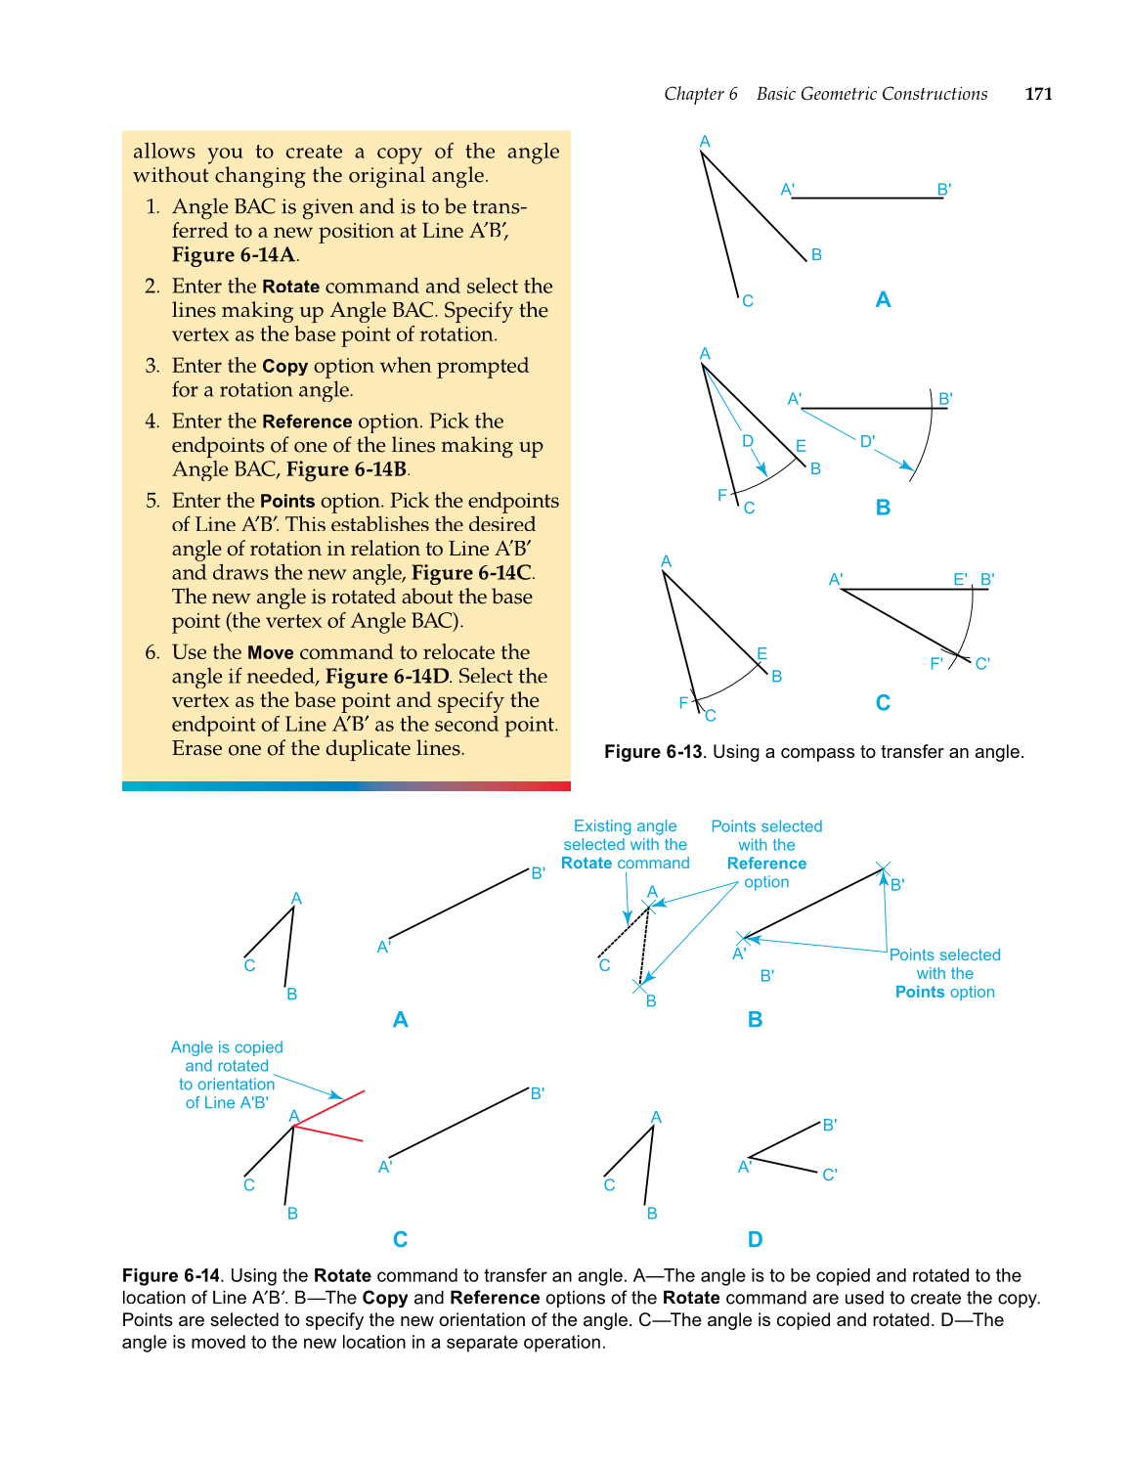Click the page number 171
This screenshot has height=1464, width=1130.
pyautogui.click(x=1038, y=94)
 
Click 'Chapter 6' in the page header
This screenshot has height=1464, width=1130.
pyautogui.click(x=700, y=94)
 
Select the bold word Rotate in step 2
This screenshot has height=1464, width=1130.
pyautogui.click(x=290, y=287)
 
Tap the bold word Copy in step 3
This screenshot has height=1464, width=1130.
pyautogui.click(x=284, y=366)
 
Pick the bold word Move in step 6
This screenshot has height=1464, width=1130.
pyautogui.click(x=270, y=652)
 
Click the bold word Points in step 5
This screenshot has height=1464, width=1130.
pyautogui.click(x=287, y=501)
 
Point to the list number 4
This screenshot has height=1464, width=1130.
pyautogui.click(x=152, y=421)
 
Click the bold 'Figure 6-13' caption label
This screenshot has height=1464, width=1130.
pyautogui.click(x=653, y=752)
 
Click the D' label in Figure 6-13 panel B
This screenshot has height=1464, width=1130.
pyautogui.click(x=867, y=441)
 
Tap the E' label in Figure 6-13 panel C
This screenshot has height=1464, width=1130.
pyautogui.click(x=960, y=579)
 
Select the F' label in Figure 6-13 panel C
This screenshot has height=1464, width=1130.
pyautogui.click(x=936, y=663)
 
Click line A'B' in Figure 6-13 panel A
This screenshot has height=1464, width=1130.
pyautogui.click(x=866, y=198)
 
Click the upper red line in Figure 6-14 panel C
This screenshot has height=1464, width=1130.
pyautogui.click(x=330, y=1108)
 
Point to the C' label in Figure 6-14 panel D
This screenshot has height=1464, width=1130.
pyautogui.click(x=829, y=1175)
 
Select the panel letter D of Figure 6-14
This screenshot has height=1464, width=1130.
pyautogui.click(x=755, y=1239)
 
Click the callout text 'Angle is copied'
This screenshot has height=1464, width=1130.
pyautogui.click(x=227, y=1047)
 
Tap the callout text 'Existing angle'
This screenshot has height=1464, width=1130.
pyautogui.click(x=625, y=826)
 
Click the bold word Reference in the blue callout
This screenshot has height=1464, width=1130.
pyautogui.click(x=766, y=864)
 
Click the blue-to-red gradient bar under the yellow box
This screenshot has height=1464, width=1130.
pyautogui.click(x=346, y=786)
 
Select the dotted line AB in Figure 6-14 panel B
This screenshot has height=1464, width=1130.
pyautogui.click(x=644, y=947)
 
